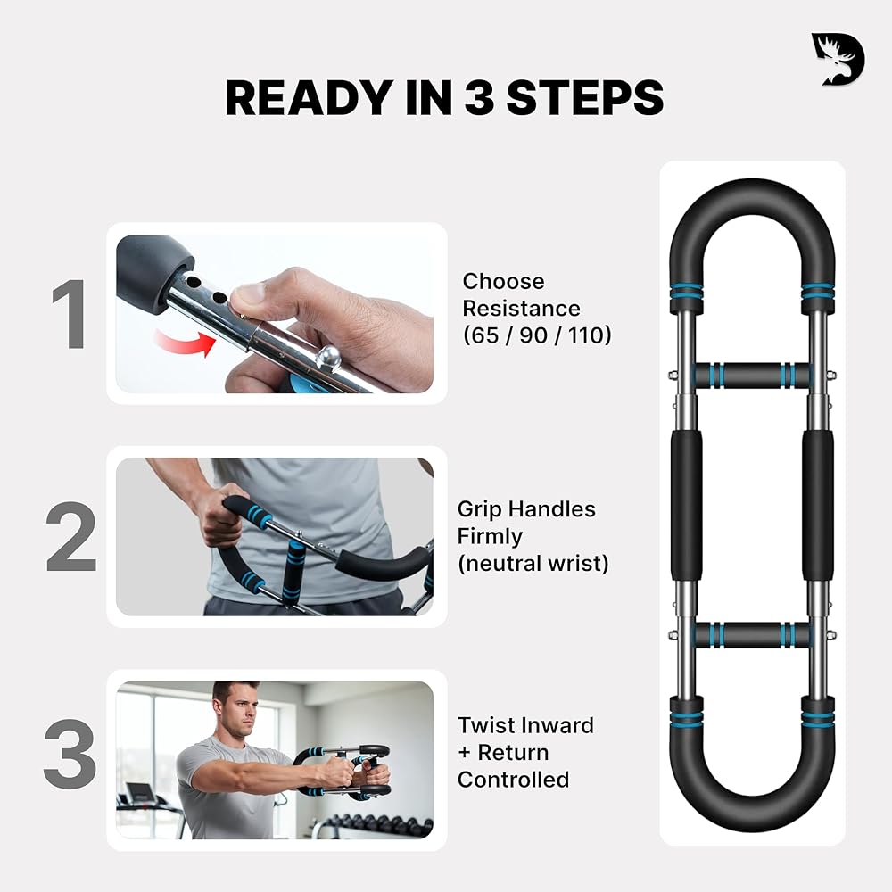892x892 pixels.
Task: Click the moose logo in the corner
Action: tap(838, 60)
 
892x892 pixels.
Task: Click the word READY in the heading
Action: tap(311, 98)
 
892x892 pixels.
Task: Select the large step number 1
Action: tap(70, 313)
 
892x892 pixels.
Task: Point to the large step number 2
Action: tap(70, 536)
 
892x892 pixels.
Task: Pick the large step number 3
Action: tap(70, 754)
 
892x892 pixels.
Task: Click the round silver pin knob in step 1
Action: tap(329, 358)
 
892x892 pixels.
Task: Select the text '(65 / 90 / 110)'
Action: tap(537, 335)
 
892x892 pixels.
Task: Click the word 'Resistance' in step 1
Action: tap(521, 309)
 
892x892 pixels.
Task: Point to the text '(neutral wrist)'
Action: tap(533, 564)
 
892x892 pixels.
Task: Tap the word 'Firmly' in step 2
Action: tap(490, 536)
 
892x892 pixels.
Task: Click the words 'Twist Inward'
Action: tap(525, 725)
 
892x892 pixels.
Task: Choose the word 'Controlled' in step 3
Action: tap(513, 780)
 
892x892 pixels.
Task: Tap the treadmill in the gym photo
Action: tap(149, 808)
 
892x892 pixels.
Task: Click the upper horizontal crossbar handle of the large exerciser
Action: tap(751, 375)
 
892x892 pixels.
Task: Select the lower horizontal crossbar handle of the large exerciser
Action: tap(751, 634)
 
